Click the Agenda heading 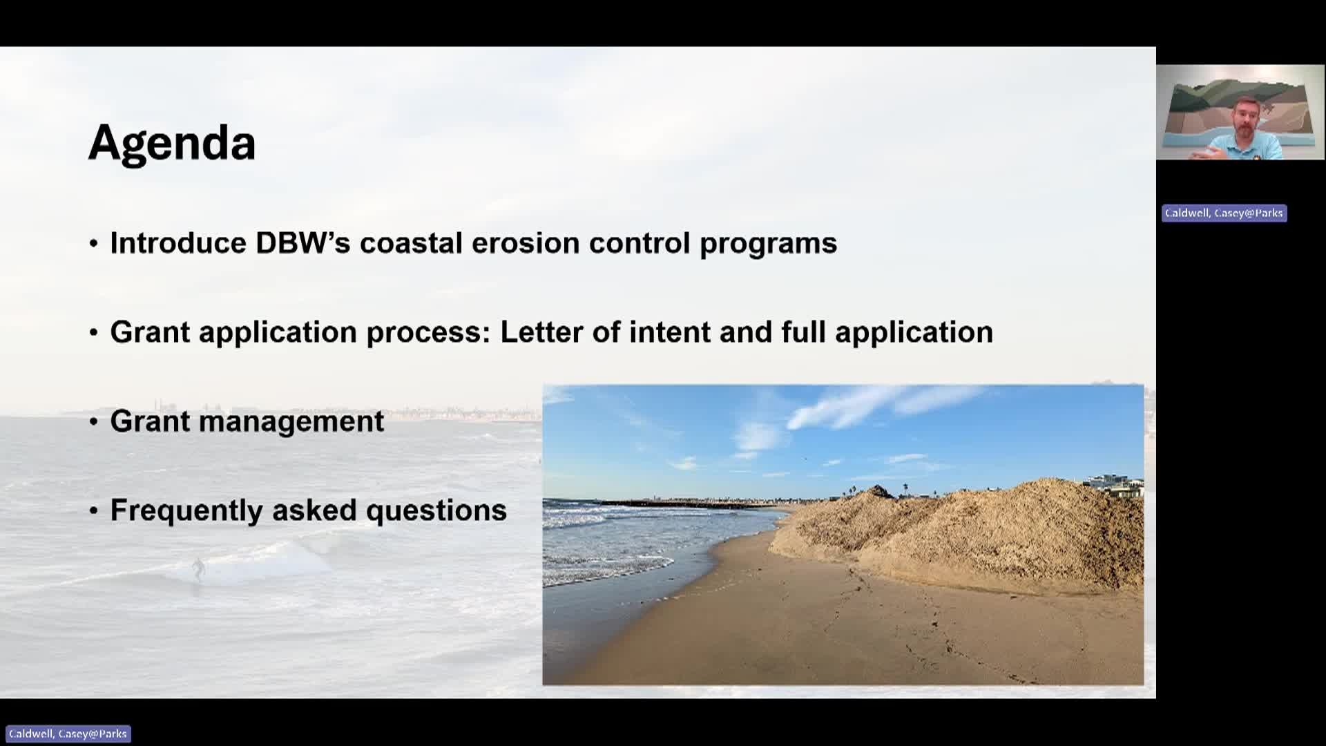(x=172, y=143)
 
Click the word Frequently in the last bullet (x=186, y=511)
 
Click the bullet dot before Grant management (x=94, y=421)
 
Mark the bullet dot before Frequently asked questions (x=94, y=511)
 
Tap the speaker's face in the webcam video (x=1247, y=120)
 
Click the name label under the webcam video (x=1224, y=213)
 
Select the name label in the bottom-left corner (x=68, y=734)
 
